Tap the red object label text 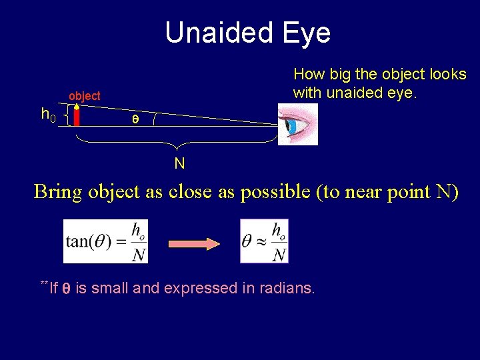pos(85,96)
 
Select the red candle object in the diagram pos(77,115)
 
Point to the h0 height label pos(48,115)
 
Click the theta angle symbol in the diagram pos(135,119)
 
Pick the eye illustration pos(299,125)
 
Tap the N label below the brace pos(179,163)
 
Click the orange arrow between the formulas pos(194,243)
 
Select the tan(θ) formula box pos(106,241)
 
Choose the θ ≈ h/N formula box pos(264,241)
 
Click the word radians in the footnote pos(287,289)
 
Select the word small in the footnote pos(111,289)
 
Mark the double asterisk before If pos(45,285)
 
